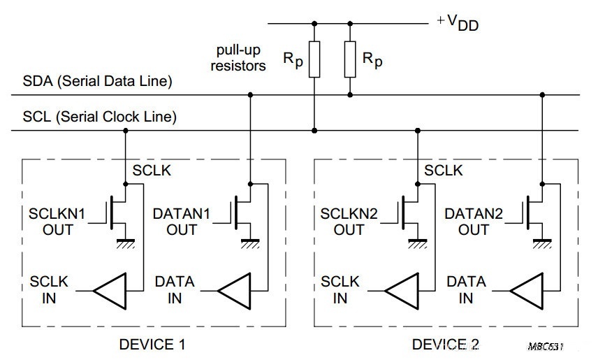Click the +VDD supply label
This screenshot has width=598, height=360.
(x=458, y=22)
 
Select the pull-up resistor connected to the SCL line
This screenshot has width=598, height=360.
(x=315, y=60)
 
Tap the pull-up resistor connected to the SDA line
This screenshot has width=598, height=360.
(x=350, y=60)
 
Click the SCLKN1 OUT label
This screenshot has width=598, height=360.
(x=56, y=221)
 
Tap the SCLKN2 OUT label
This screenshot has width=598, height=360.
(x=349, y=221)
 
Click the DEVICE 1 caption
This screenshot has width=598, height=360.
(x=153, y=344)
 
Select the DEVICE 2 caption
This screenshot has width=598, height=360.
(x=445, y=344)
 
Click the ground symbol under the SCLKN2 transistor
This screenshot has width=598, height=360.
(x=417, y=243)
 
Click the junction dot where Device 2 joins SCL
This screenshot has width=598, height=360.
(x=417, y=130)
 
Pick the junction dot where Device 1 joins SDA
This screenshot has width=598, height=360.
(x=251, y=95)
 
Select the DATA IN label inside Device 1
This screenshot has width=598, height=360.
(x=175, y=289)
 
